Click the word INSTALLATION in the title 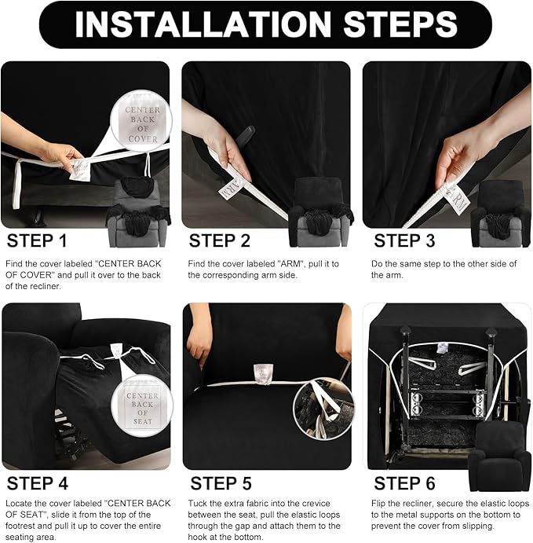[x=203, y=24]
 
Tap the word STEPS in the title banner [x=400, y=24]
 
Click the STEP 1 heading [x=37, y=240]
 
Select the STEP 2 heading [x=219, y=240]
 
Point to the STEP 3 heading [x=404, y=240]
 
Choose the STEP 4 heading [x=38, y=483]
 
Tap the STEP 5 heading [x=221, y=483]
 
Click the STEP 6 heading [x=404, y=483]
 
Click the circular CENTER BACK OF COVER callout [x=141, y=121]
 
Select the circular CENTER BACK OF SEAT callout [x=142, y=405]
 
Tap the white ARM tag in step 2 [x=231, y=189]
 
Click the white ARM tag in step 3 [x=457, y=198]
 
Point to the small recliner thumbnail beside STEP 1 [x=137, y=212]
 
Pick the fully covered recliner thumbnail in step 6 [x=500, y=457]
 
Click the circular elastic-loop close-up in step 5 [x=323, y=409]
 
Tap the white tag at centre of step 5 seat [x=262, y=374]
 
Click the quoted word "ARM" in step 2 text [x=290, y=264]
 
